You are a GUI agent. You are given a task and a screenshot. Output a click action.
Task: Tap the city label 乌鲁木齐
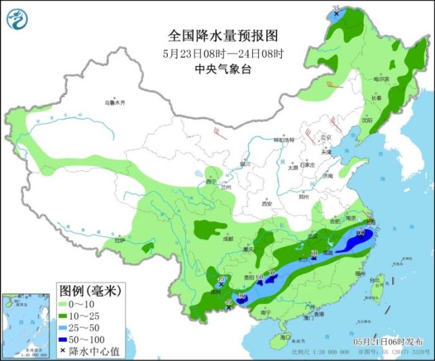click(x=115, y=102)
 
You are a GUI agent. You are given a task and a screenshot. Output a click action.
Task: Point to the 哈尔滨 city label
click(x=381, y=79)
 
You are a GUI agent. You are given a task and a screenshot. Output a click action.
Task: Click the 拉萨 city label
click(x=119, y=240)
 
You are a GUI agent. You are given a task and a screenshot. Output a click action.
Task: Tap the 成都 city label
click(x=228, y=238)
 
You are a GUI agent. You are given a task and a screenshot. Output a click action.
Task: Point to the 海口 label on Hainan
click(x=285, y=337)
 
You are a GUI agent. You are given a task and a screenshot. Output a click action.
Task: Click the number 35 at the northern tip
click(x=336, y=7)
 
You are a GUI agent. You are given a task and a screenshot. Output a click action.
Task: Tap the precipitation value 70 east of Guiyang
click(x=271, y=270)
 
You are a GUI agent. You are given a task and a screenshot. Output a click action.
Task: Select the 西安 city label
click(x=267, y=204)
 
